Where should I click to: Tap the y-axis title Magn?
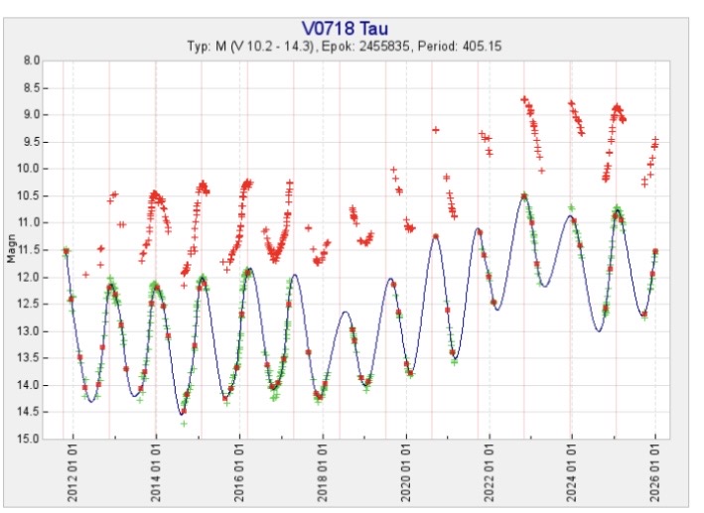pyautogui.click(x=12, y=249)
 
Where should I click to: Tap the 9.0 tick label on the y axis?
pyautogui.click(x=32, y=114)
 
